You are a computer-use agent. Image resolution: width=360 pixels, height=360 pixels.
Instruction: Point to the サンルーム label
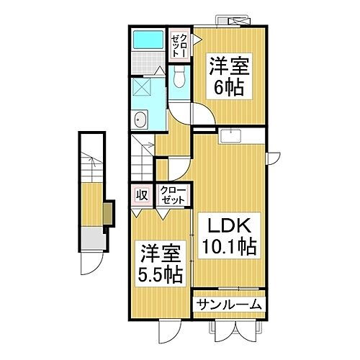point(229,305)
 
